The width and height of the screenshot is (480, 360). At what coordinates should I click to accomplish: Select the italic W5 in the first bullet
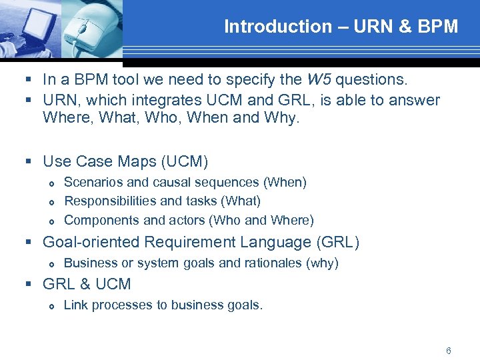click(x=318, y=80)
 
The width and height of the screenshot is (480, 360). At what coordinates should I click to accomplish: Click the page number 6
click(x=449, y=351)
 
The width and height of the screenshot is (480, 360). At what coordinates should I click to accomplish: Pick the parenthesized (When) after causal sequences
click(x=285, y=182)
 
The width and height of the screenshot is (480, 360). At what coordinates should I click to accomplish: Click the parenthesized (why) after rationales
click(x=322, y=263)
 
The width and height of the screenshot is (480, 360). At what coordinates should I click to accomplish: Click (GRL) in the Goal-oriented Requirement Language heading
click(x=339, y=242)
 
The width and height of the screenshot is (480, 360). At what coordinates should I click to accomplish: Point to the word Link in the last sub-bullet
click(x=76, y=305)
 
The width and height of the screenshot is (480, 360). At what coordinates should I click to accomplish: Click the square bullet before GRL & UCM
click(x=29, y=284)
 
